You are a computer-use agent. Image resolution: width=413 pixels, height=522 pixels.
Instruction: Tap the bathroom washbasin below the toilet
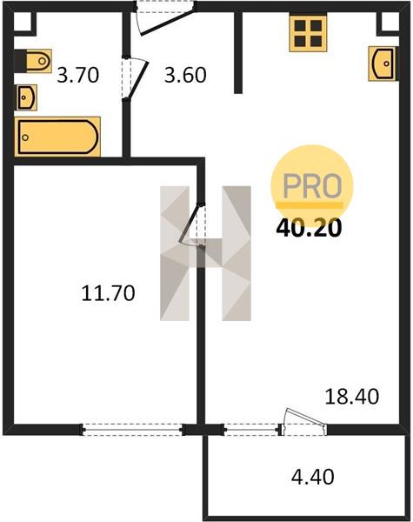coord(26,97)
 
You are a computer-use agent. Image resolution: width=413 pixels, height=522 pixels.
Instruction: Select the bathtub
coord(57,137)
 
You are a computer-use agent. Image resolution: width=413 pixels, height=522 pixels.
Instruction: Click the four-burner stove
coord(308,34)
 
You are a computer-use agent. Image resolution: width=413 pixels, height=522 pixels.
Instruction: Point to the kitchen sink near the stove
coord(383,64)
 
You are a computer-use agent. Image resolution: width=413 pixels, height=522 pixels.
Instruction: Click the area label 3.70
coord(78,75)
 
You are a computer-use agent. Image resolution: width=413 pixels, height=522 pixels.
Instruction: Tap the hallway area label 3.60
coord(185,75)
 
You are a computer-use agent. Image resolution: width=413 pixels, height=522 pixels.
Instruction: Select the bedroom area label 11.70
coord(108,293)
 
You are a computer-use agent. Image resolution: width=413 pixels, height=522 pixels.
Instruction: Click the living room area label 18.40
coord(352,397)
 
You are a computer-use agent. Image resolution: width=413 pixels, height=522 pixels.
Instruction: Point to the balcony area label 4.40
coord(313,477)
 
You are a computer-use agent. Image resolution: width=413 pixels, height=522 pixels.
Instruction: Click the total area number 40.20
coord(310,228)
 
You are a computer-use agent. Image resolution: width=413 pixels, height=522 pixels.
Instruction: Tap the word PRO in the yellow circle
coord(312,186)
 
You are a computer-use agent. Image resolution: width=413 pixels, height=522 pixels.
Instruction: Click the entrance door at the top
coord(165,17)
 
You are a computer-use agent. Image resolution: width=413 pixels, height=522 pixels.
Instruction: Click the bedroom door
coord(192,225)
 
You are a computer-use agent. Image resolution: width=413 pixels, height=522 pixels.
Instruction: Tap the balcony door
coord(303,422)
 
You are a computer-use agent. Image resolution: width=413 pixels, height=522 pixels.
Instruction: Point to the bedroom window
coord(132,430)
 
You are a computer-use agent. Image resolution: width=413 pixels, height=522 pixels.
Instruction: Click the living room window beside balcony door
coord(251,430)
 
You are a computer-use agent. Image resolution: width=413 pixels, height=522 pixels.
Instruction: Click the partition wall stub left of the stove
coord(238,52)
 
